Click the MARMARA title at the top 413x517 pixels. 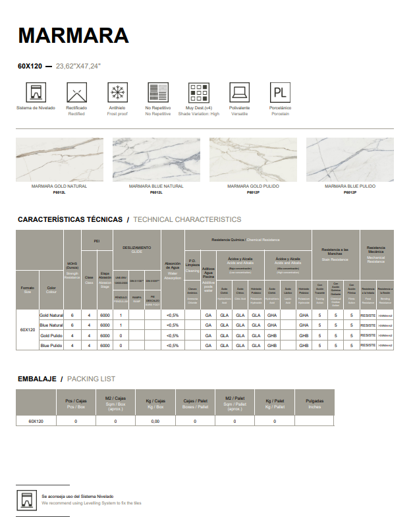point(73,35)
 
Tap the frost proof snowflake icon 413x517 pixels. point(117,92)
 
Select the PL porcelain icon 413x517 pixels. point(280,92)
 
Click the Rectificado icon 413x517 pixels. point(76,92)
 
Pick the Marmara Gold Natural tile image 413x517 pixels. point(59,159)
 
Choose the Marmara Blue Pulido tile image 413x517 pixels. point(350,159)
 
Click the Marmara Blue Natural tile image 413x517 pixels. point(156,159)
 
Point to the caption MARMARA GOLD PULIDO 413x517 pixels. point(253,186)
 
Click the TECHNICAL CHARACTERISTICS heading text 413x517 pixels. point(187,219)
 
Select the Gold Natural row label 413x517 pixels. point(51,315)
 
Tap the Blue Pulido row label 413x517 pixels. point(51,345)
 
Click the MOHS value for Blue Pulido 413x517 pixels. point(72,345)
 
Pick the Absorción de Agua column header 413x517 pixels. point(173,270)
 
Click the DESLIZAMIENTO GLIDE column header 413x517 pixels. point(137,249)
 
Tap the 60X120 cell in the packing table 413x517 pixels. point(36,420)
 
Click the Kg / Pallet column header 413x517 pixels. point(275,402)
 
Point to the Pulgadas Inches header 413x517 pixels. point(315,402)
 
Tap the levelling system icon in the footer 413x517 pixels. point(26,499)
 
